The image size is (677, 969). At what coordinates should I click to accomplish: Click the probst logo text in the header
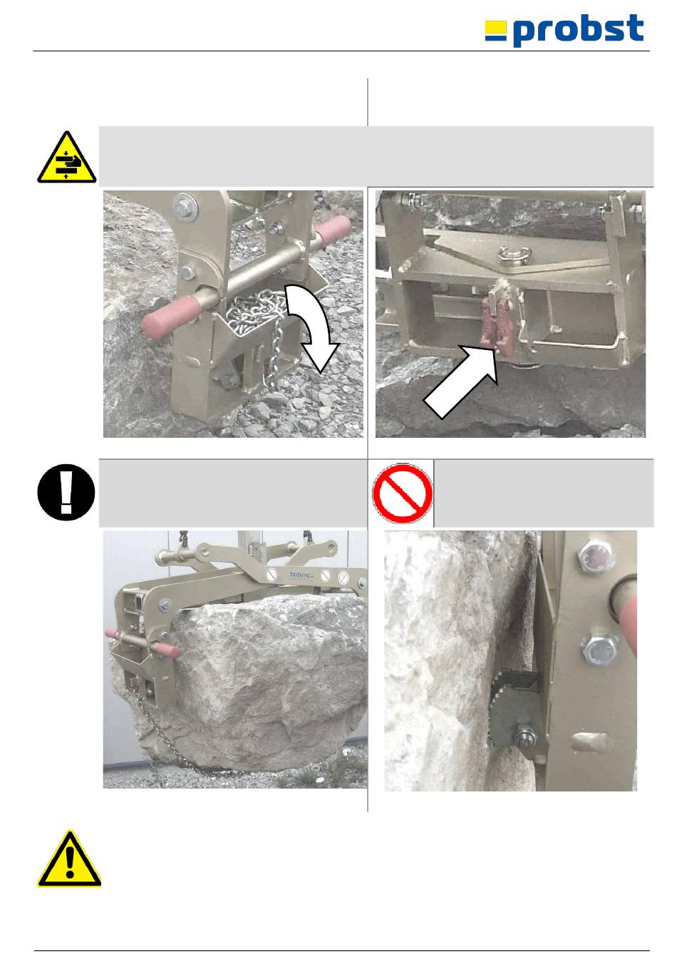pos(578,29)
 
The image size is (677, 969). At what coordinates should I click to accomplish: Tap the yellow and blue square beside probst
pos(495,31)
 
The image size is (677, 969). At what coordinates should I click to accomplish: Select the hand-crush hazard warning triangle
pos(66,157)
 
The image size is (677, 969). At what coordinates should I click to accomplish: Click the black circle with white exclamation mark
pos(66,492)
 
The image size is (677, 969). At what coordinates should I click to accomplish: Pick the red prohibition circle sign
pos(403,493)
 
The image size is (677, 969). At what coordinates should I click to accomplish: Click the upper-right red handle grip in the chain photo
pos(334,230)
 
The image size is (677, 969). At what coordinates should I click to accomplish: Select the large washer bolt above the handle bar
pos(186,206)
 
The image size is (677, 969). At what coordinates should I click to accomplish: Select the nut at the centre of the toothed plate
pos(524,736)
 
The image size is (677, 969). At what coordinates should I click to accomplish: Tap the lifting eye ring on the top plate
pos(514,254)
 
